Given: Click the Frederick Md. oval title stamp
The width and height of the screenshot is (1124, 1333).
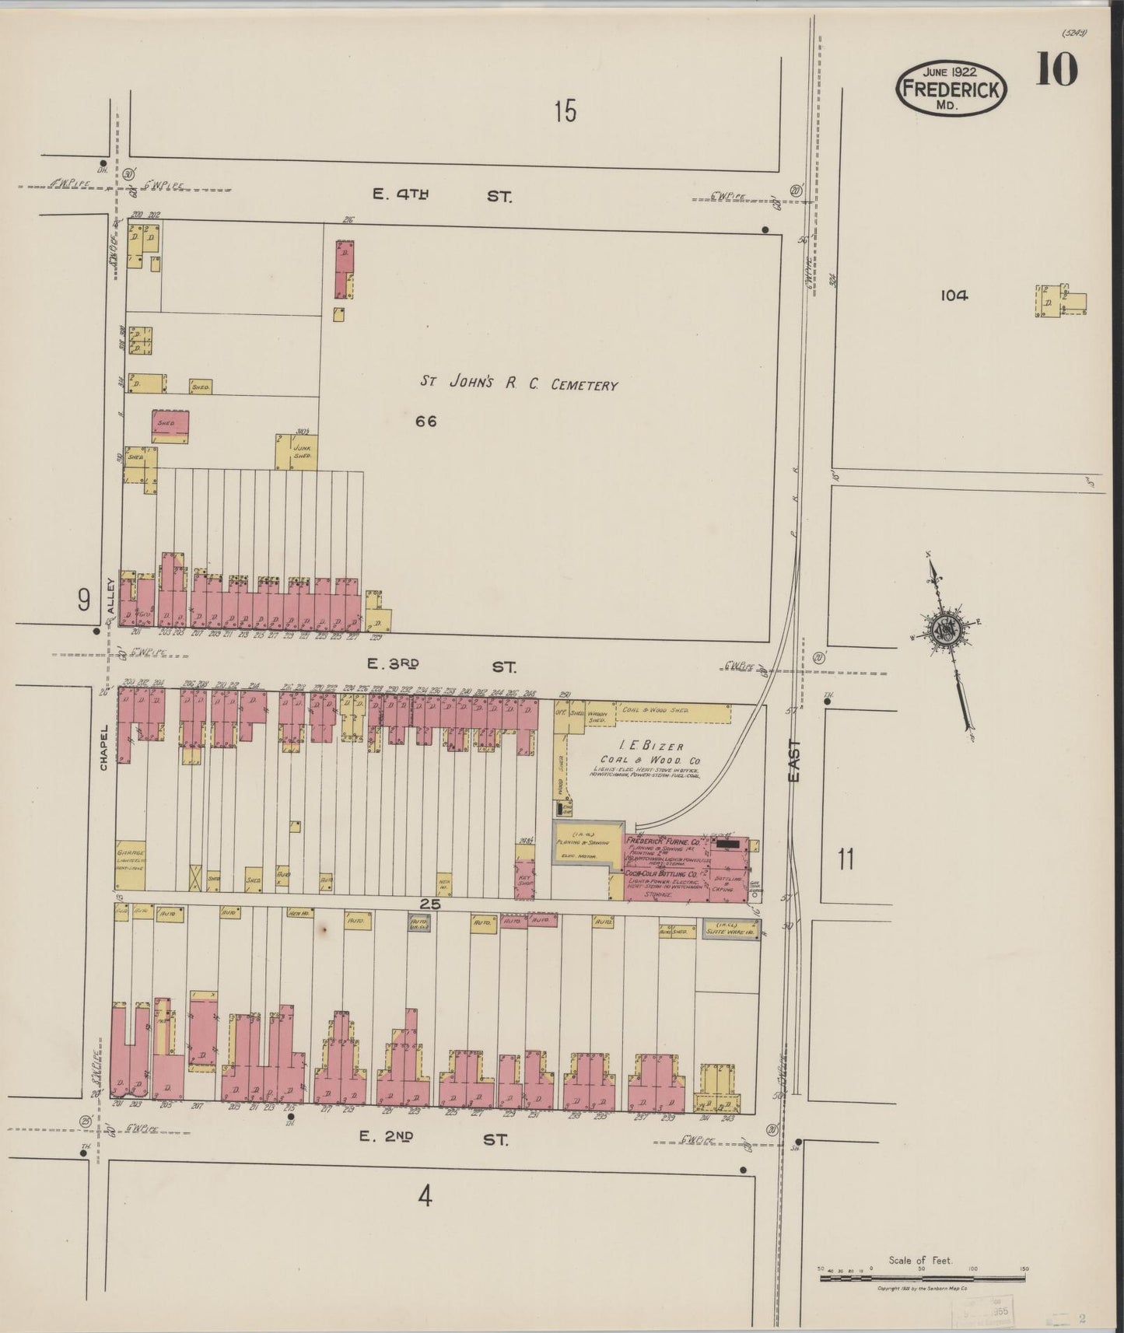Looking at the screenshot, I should click(951, 89).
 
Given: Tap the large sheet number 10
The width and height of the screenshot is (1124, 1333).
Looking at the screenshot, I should click(1056, 71).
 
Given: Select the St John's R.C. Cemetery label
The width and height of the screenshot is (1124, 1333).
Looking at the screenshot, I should click(520, 383).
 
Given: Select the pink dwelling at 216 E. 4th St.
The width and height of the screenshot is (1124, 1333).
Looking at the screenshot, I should click(343, 269).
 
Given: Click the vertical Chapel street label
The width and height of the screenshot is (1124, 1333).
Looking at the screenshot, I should click(103, 748).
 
